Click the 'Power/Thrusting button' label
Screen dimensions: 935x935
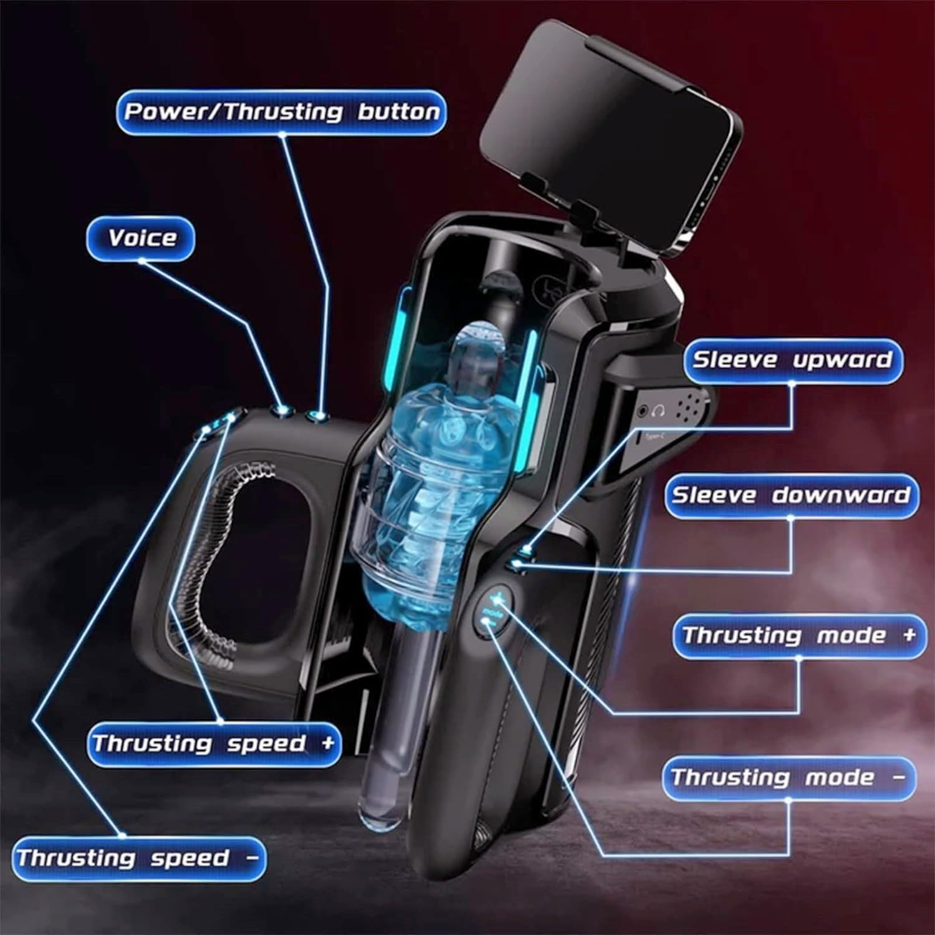[282, 112]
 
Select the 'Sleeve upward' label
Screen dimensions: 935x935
[792, 360]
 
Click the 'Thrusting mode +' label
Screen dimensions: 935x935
[800, 636]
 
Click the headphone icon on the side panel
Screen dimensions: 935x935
[659, 410]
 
